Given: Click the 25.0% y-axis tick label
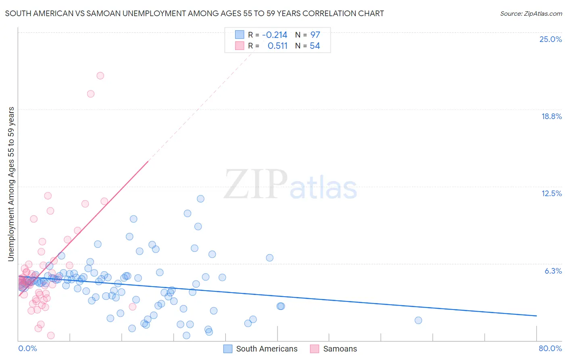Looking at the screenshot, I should pos(550,39).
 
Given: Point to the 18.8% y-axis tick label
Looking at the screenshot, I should pos(551,116).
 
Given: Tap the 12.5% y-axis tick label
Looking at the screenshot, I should pos(551,193).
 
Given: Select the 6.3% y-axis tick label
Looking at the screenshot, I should pos(553,271).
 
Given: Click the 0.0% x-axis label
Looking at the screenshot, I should pos(27,348).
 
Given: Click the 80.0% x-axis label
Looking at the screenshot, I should pos(550,348).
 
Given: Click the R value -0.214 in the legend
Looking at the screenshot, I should pos(275,35).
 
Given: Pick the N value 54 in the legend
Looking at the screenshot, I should pos(315,46).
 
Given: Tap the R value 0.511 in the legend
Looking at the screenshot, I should pos(277,46).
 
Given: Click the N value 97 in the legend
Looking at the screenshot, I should pos(315,35).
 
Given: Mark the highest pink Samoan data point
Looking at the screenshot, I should pos(100,75).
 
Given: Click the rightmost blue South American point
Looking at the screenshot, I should pos(418,320).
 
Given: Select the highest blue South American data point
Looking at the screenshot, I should pos(200,199).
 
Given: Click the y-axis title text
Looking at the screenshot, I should pos(11,184).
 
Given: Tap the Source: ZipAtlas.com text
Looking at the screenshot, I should pos(531,13).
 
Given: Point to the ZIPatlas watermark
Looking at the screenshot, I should pos(290,185).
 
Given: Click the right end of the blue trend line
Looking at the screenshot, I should pos(536,316).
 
